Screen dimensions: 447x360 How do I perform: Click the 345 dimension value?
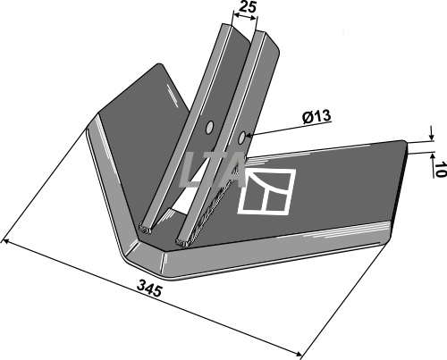coord(149,290)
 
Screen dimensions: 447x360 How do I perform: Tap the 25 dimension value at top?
coord(248,6)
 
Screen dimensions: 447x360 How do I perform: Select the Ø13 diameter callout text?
coord(316,117)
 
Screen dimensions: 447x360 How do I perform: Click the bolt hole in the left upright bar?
coord(210,127)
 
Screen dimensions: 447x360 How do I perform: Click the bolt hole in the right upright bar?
coord(241,138)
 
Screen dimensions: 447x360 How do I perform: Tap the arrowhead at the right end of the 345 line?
coord(299,354)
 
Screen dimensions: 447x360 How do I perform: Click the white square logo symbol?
coord(266,192)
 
